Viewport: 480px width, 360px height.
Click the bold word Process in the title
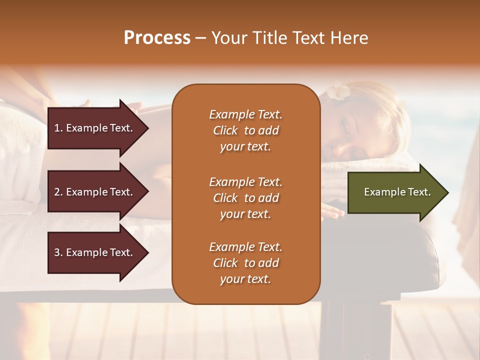(157, 38)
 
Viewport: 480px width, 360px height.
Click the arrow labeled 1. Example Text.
(97, 128)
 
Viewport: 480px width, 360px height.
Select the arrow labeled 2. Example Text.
(97, 192)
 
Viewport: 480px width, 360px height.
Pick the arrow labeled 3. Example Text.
(97, 252)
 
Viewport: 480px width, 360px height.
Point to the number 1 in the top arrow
(57, 128)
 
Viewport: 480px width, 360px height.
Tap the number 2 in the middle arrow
(57, 192)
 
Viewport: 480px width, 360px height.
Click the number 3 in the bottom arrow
(57, 252)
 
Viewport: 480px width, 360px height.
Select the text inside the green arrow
(397, 192)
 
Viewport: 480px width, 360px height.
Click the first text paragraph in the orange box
(245, 130)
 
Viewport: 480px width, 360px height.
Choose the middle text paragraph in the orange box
(245, 198)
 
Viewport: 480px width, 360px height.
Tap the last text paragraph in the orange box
(245, 263)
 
